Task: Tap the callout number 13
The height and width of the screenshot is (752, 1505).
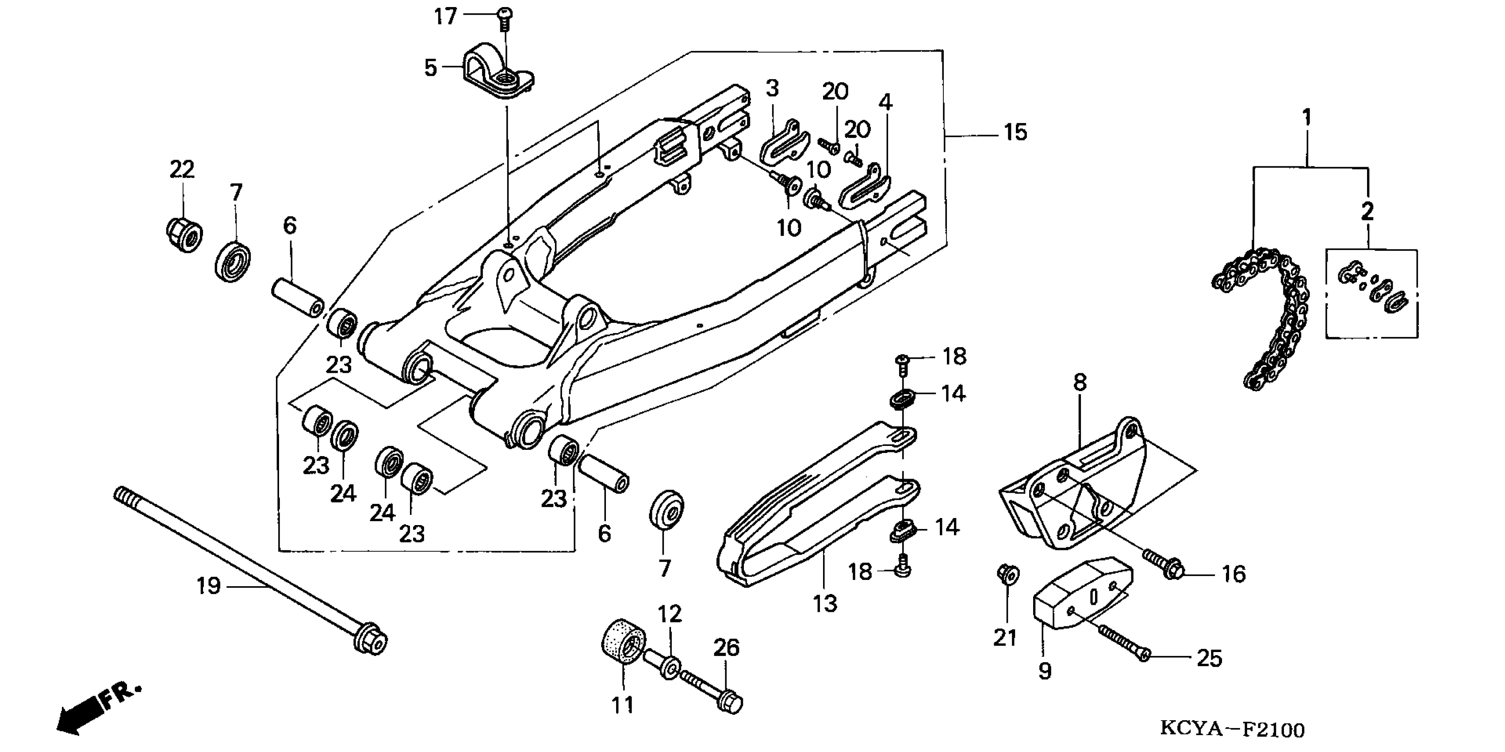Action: click(824, 603)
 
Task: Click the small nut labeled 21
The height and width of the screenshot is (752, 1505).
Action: click(1007, 574)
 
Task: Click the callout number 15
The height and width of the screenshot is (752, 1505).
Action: click(1015, 133)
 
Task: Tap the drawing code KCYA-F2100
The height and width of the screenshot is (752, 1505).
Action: click(1232, 730)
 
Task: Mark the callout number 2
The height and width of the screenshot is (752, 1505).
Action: click(1367, 211)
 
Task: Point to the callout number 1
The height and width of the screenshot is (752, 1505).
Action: click(1307, 118)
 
